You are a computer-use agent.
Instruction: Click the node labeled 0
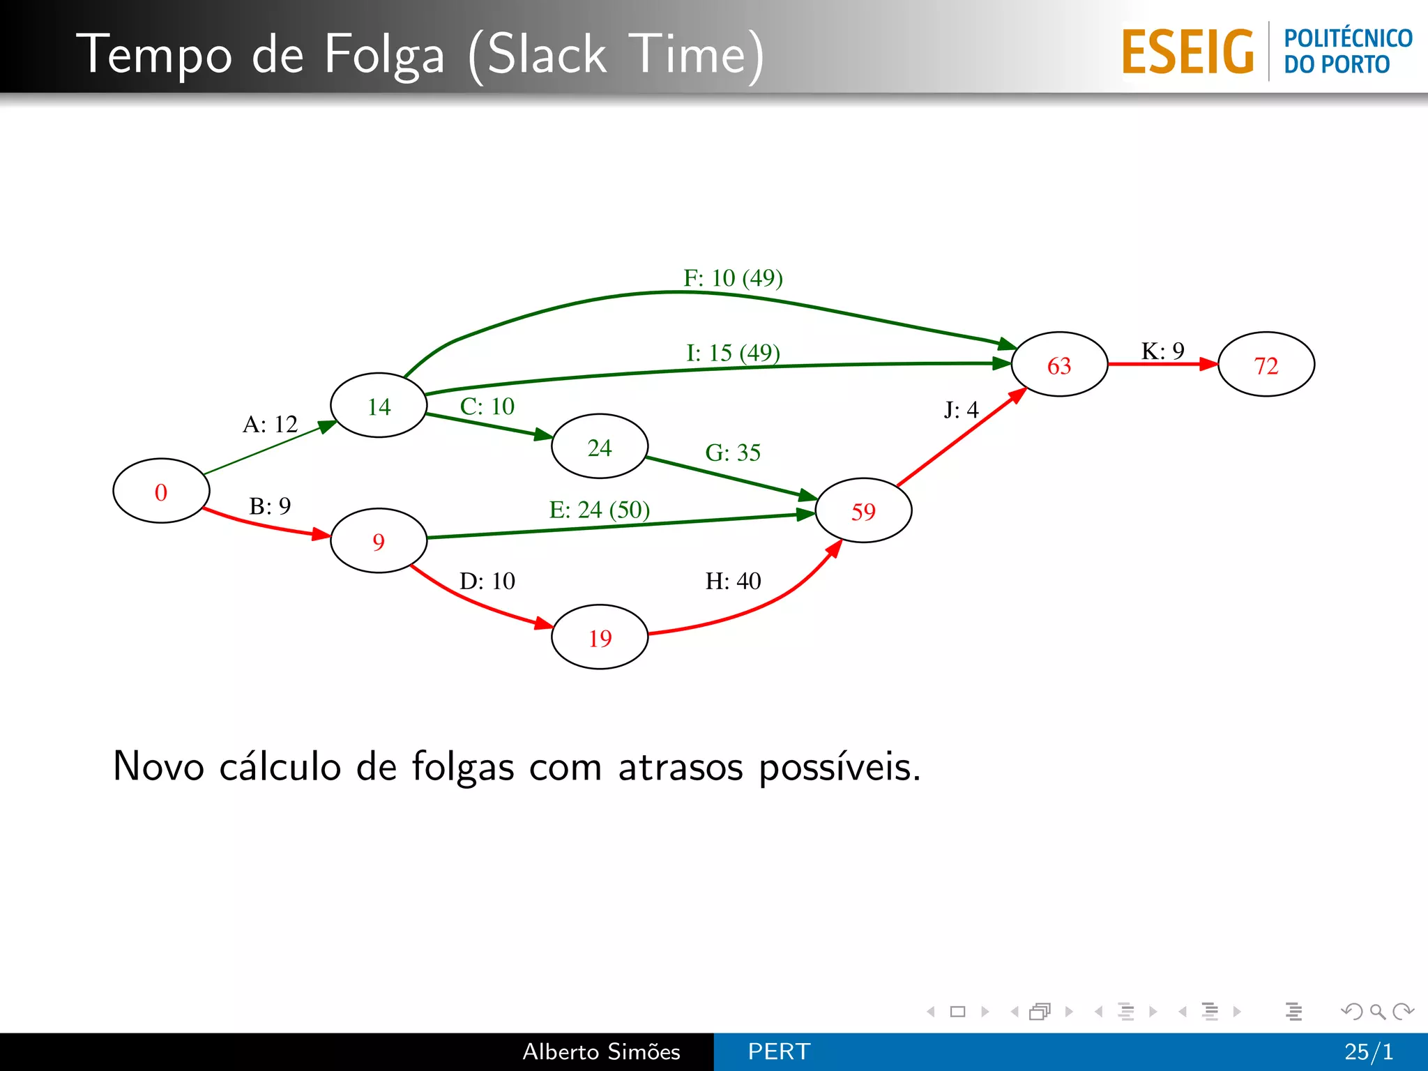[161, 491]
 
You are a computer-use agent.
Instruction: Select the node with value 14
[379, 405]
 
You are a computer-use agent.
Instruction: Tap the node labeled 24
[600, 446]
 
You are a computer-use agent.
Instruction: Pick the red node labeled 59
[863, 510]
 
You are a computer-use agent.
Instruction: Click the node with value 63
[1059, 364]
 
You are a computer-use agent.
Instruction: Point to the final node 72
[1266, 364]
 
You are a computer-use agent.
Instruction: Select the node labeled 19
[600, 637]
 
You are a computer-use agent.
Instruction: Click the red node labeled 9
[379, 540]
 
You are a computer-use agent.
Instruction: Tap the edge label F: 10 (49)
[733, 278]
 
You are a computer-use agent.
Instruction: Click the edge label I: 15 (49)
[733, 352]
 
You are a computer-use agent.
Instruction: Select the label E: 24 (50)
[600, 509]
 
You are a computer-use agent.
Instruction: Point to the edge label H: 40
[733, 580]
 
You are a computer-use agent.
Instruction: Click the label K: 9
[1162, 350]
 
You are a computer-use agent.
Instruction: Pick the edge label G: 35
[733, 452]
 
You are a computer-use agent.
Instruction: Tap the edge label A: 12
[270, 423]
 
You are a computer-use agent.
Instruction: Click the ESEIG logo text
[1187, 52]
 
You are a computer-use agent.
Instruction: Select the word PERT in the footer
[779, 1051]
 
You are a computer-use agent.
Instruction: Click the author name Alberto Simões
[601, 1051]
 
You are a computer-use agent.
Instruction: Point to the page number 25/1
[1369, 1051]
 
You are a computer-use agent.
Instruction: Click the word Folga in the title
[384, 54]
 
